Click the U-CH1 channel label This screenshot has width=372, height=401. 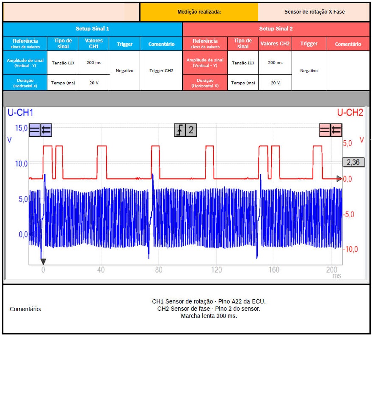(20, 113)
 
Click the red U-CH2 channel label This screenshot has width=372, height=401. (350, 113)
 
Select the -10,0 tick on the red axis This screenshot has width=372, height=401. (350, 249)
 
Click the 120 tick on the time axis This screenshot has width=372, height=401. (216, 270)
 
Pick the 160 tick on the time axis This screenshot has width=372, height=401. (274, 270)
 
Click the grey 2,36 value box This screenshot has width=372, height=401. (353, 162)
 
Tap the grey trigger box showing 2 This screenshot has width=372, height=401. (186, 130)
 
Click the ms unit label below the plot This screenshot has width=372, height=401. (336, 276)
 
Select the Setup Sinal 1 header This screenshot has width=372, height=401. (92, 29)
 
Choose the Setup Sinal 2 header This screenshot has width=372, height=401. (276, 29)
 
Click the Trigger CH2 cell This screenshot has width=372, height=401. (161, 71)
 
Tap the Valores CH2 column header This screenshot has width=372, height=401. (275, 44)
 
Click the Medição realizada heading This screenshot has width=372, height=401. (199, 12)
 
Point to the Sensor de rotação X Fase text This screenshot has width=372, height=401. (314, 12)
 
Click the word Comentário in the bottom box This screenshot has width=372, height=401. (25, 309)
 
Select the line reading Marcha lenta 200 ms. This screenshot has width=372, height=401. (209, 316)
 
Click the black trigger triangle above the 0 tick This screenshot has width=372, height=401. (43, 262)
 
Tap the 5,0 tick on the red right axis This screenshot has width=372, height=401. (347, 144)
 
